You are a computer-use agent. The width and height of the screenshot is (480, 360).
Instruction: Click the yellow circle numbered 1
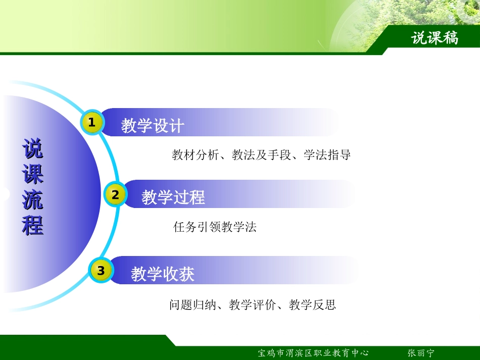(92, 123)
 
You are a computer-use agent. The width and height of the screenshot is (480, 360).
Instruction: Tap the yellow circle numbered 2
(115, 195)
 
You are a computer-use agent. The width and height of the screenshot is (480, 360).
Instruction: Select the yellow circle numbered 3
(101, 271)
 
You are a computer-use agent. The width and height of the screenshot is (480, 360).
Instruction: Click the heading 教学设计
(152, 126)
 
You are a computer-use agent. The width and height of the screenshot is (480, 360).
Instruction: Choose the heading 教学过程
(173, 197)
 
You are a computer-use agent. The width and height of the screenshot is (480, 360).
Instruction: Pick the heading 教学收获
(162, 274)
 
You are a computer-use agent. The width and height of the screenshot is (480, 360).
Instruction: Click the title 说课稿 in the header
(435, 38)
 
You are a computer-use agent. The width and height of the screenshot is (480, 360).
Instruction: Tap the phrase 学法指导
(327, 155)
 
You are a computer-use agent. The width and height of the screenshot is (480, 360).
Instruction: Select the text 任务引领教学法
(215, 227)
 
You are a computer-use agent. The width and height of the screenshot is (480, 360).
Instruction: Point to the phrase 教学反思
(312, 305)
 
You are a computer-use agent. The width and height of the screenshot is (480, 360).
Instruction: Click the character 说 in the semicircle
(33, 150)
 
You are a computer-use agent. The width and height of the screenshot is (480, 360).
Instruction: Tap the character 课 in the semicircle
(33, 175)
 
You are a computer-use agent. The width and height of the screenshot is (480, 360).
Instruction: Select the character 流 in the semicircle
(33, 200)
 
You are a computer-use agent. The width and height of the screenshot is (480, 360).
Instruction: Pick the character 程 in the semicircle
(33, 225)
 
